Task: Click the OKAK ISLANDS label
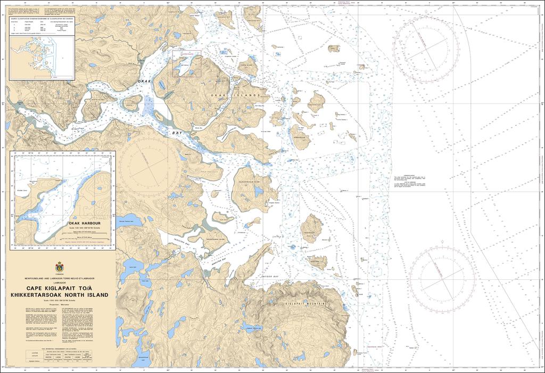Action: click(236, 95)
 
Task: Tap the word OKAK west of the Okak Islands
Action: click(145, 80)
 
